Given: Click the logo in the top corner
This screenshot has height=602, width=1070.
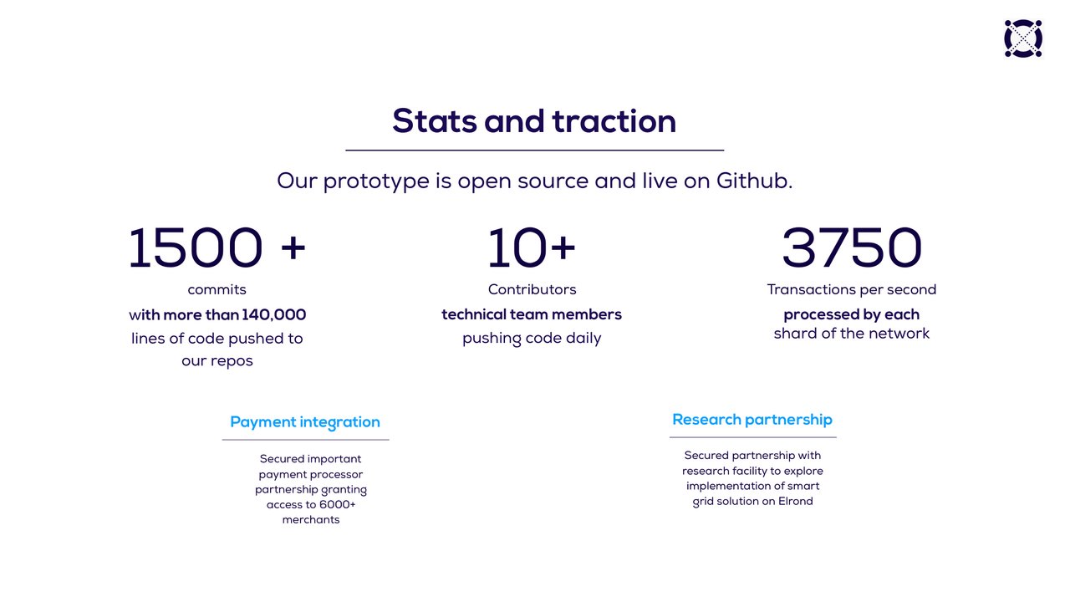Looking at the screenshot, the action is [x=1022, y=38].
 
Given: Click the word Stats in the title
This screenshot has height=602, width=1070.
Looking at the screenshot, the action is [x=434, y=121].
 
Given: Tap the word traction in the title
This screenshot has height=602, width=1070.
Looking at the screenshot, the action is [x=614, y=121].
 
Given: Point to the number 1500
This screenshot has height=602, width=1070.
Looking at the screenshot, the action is [x=196, y=247].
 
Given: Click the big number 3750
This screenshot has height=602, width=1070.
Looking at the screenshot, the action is [x=852, y=247].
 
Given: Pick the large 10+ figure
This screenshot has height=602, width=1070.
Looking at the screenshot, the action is [x=531, y=247].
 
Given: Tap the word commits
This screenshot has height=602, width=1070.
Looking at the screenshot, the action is [x=217, y=289].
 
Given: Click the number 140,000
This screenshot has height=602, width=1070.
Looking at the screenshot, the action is [x=273, y=315].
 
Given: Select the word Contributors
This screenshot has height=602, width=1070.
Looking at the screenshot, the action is [x=532, y=289].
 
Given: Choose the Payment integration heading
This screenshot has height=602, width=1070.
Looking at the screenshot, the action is [x=305, y=422].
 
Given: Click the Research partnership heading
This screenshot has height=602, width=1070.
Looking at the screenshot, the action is [x=752, y=420].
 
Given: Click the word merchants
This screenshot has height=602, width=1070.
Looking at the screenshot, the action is [x=311, y=520].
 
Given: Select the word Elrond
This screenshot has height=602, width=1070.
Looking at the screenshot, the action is [x=795, y=501].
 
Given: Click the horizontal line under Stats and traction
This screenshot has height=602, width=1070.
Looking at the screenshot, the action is [x=534, y=150].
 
